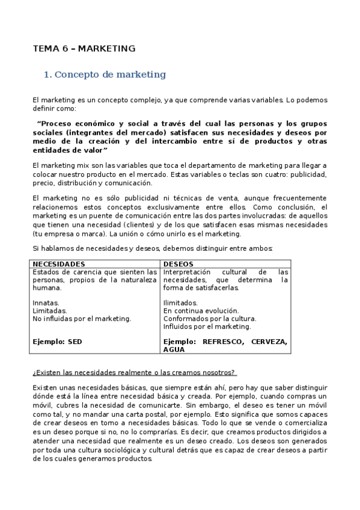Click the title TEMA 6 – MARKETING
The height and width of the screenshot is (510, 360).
click(x=84, y=49)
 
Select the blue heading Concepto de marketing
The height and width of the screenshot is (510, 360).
click(x=105, y=75)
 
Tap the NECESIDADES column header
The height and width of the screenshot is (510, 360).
click(x=58, y=264)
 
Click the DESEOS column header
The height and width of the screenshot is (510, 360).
click(x=178, y=264)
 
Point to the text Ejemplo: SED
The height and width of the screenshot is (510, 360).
click(x=57, y=342)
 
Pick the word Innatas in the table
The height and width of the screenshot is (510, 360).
click(x=45, y=303)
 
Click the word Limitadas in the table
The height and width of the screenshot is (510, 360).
click(x=49, y=310)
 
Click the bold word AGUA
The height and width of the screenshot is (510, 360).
click(x=174, y=349)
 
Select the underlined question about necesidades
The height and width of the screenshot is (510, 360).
click(x=133, y=372)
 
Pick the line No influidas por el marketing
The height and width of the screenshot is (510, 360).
click(x=82, y=318)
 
